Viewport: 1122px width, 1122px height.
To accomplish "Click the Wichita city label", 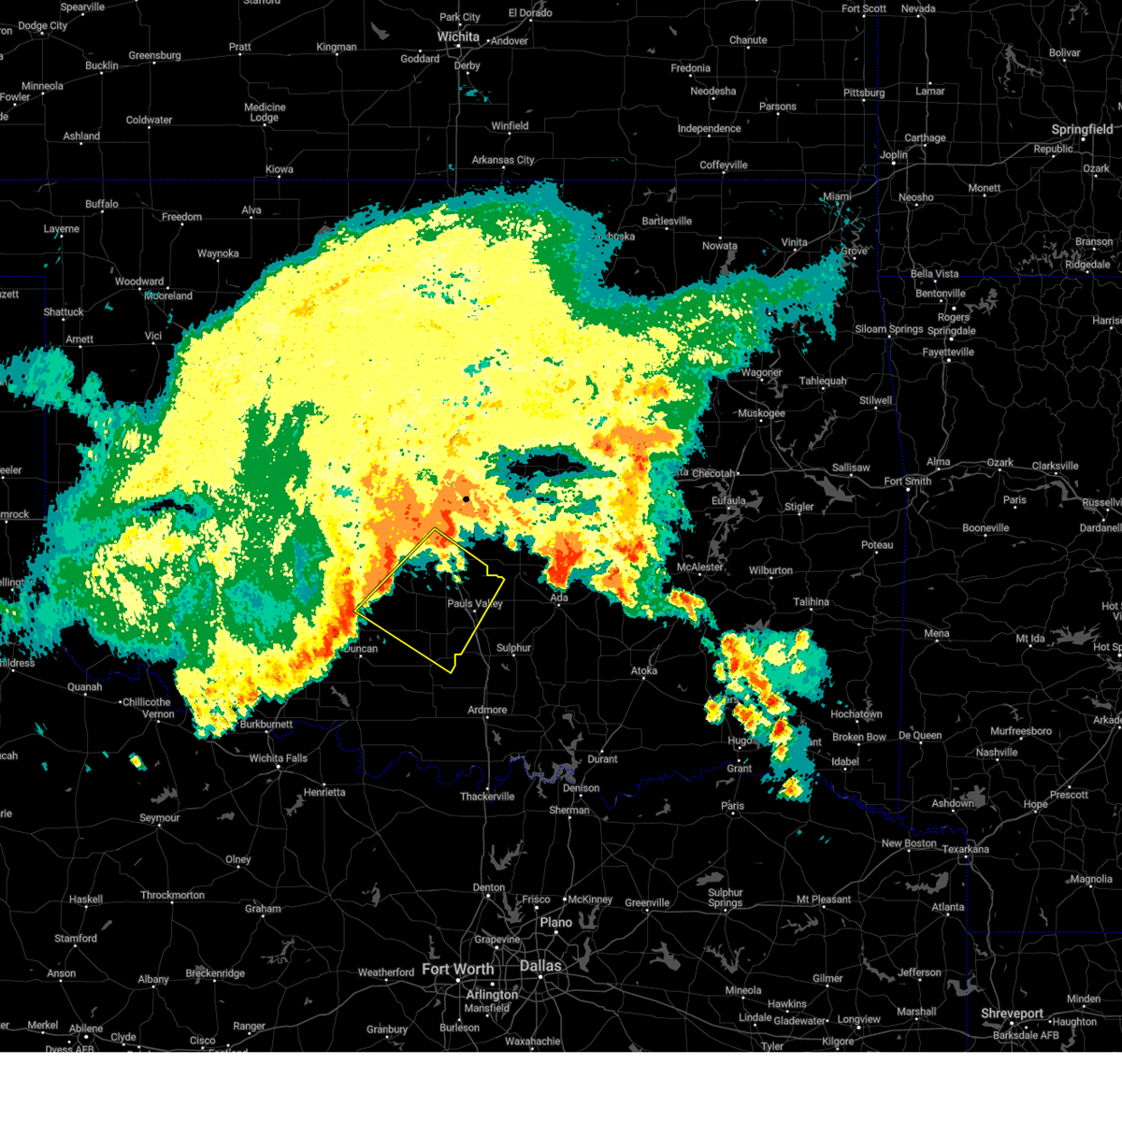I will click(x=458, y=37).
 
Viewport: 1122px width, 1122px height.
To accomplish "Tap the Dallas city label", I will click(x=540, y=966).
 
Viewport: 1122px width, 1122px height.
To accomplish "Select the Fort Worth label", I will click(x=457, y=970).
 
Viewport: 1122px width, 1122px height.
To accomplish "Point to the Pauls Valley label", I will click(x=474, y=604).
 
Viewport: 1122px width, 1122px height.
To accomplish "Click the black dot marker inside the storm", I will click(x=466, y=499).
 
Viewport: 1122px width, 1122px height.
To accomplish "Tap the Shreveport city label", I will click(x=1012, y=1014).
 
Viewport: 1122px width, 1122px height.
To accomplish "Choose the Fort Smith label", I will click(x=907, y=482).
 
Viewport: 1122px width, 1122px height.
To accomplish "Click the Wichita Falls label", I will click(x=278, y=758).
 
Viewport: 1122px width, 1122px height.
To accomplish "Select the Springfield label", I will click(x=1082, y=130).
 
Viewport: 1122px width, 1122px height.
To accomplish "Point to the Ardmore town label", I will click(x=487, y=710).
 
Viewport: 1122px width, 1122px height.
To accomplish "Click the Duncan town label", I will click(x=360, y=649).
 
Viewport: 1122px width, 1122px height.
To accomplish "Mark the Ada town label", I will click(x=559, y=598).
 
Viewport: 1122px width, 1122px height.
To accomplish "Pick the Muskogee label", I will click(x=761, y=413).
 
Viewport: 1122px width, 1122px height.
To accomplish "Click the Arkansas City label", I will click(x=503, y=160).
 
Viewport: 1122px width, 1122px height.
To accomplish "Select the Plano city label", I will click(x=555, y=922).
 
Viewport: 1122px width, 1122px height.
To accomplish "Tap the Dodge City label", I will click(x=43, y=26).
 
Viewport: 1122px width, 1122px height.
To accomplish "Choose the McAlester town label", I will click(x=699, y=568).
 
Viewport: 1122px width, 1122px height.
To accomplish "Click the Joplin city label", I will click(x=894, y=155).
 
